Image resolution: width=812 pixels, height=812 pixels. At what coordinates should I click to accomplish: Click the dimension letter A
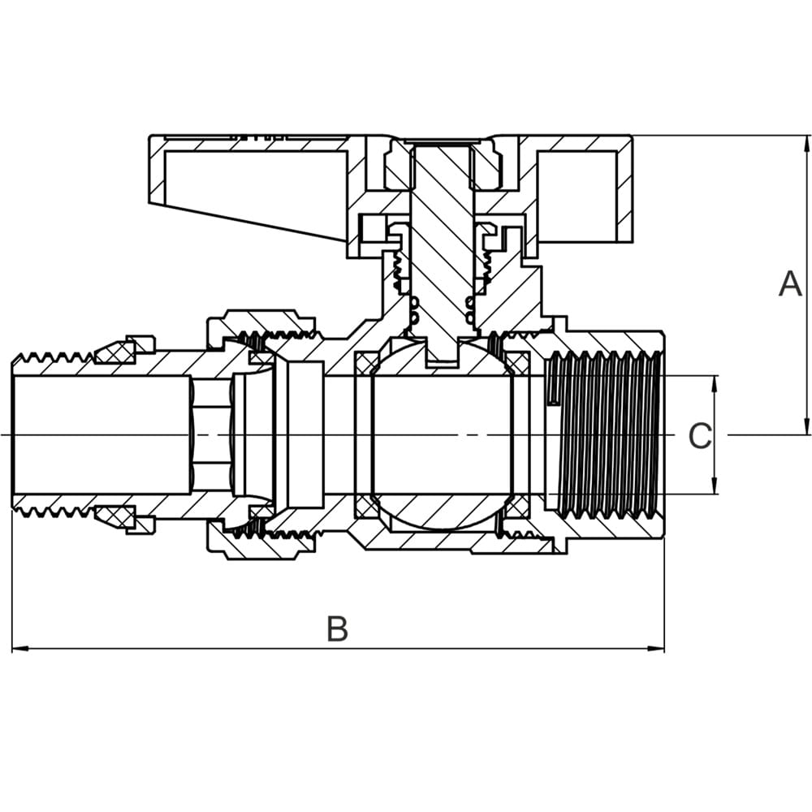click(x=790, y=285)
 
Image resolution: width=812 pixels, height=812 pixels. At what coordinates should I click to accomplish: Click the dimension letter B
click(x=338, y=629)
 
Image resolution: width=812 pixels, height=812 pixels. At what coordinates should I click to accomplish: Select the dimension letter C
click(x=699, y=436)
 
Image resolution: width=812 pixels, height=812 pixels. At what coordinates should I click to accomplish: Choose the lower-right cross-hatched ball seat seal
click(x=515, y=508)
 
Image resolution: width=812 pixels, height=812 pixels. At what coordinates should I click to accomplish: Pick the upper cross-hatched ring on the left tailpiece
click(x=115, y=352)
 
